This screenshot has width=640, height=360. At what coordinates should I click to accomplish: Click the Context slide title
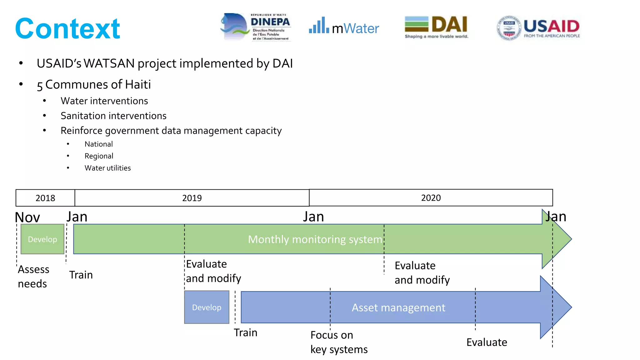[67, 29]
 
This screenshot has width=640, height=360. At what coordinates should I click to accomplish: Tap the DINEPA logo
[256, 27]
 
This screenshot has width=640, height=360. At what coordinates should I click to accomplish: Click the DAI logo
[436, 27]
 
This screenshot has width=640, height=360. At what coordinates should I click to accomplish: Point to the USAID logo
[538, 27]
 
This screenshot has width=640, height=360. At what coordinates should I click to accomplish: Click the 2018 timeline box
[45, 198]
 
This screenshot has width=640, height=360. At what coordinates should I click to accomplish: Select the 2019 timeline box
[192, 198]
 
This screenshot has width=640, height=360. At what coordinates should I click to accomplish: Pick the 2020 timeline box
[431, 197]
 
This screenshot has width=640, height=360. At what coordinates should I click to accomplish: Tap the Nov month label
[27, 217]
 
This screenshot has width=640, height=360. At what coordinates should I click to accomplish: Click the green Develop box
[42, 239]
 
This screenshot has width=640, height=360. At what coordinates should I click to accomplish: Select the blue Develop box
[207, 307]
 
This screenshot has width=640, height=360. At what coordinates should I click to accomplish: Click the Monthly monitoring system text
[315, 239]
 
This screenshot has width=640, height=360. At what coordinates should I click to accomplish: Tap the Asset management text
[398, 307]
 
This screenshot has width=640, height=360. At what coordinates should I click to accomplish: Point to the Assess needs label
[33, 276]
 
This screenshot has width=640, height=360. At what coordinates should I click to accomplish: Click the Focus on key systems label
[339, 342]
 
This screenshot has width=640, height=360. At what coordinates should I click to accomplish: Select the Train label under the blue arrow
[246, 332]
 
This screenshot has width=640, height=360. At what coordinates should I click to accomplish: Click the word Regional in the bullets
[99, 156]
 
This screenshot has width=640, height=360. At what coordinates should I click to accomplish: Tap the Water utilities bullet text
[107, 168]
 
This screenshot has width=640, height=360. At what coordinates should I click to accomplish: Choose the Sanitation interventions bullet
[113, 116]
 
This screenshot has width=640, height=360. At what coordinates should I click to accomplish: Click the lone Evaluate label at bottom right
[487, 342]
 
